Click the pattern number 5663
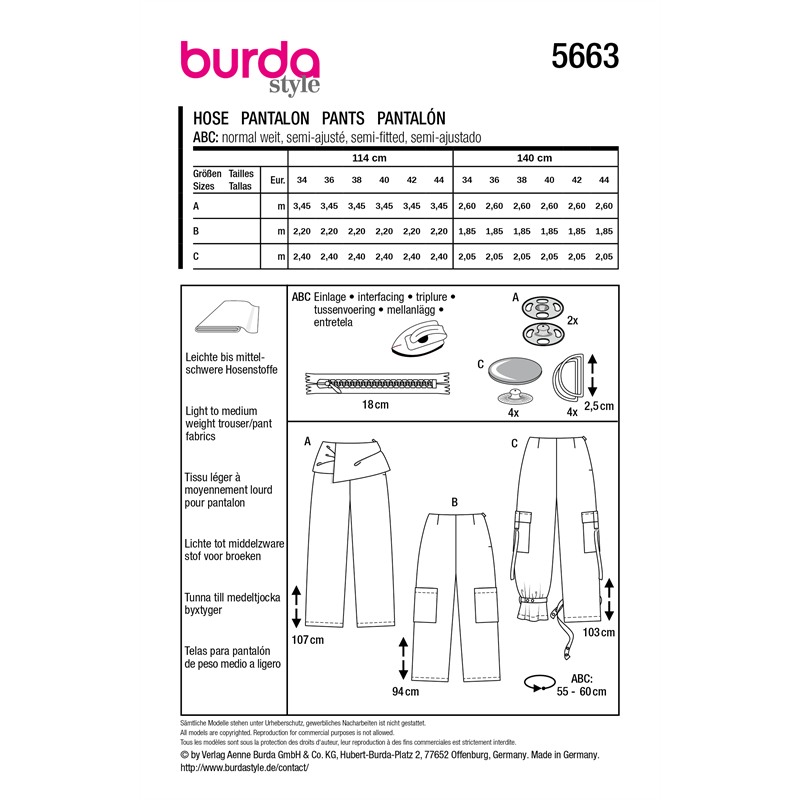click(x=585, y=56)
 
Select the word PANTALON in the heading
click(x=275, y=118)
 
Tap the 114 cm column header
click(x=369, y=158)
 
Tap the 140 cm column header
click(x=534, y=158)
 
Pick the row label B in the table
click(x=196, y=231)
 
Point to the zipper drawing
click(x=378, y=383)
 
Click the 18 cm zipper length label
click(x=375, y=405)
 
